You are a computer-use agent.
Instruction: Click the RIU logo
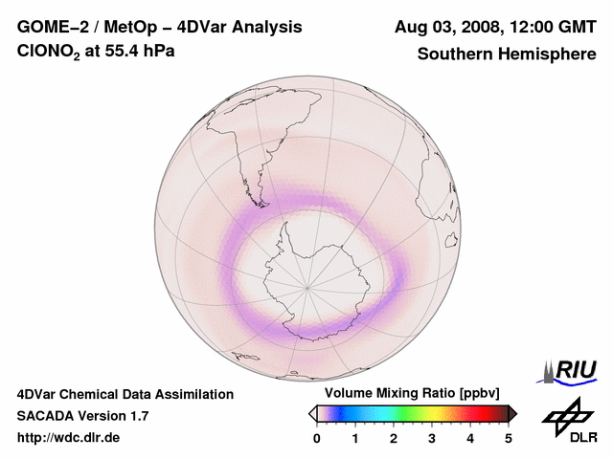(572, 370)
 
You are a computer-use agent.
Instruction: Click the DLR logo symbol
(563, 416)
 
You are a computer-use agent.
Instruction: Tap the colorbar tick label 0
(317, 438)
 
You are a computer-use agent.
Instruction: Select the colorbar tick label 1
(355, 438)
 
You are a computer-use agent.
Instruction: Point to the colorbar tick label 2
(394, 438)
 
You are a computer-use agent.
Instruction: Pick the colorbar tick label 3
(432, 438)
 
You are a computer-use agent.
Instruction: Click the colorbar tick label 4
(470, 438)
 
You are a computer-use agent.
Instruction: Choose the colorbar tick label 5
(509, 438)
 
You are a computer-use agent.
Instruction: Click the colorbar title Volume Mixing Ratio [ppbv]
(413, 394)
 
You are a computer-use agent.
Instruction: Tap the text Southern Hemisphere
(507, 55)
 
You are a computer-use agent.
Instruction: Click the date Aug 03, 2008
(446, 28)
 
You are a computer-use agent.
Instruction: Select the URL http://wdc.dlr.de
(69, 438)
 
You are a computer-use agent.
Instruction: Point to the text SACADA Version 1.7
(82, 416)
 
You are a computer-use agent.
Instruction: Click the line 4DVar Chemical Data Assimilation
(125, 394)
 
